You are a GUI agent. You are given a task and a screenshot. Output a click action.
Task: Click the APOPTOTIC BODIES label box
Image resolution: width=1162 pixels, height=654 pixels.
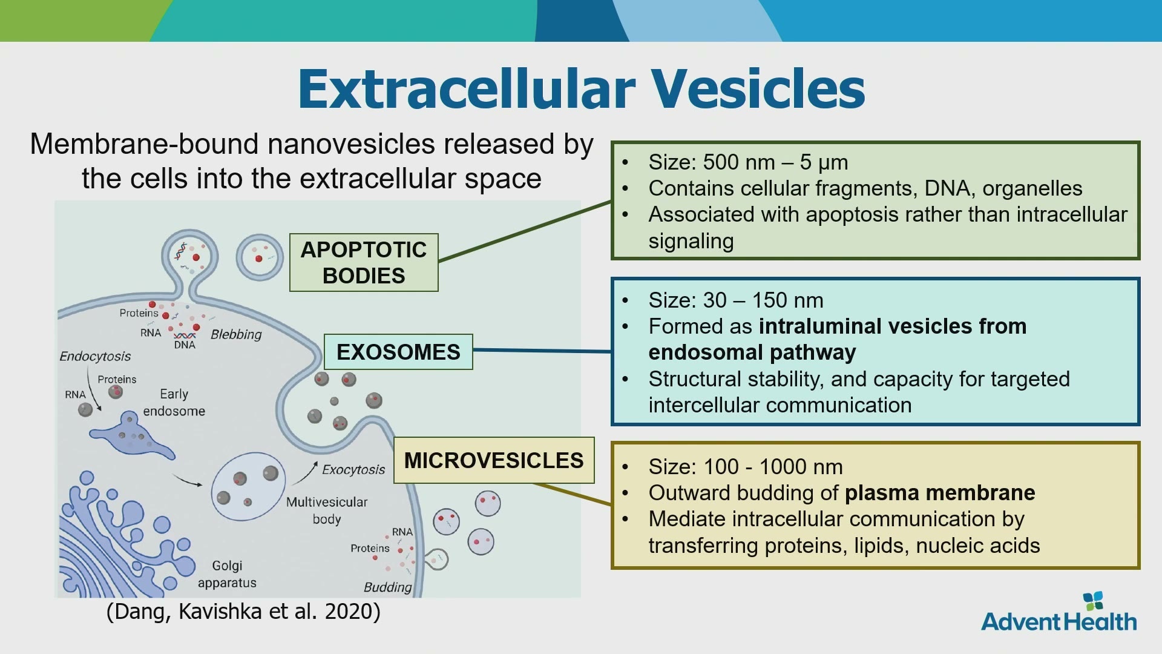[x=364, y=262]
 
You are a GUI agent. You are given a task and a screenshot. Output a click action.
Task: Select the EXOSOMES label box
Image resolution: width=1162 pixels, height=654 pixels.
[x=398, y=352]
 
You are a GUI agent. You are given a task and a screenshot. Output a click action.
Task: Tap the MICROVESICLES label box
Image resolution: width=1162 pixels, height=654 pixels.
[x=494, y=460]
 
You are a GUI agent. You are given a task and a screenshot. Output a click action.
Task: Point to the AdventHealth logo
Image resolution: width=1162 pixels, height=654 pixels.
[x=1059, y=613]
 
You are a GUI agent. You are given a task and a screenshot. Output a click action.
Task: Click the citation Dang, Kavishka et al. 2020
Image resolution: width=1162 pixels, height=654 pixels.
[x=243, y=612]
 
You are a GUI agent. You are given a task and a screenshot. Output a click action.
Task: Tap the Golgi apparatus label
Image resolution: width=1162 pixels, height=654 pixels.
[x=227, y=574]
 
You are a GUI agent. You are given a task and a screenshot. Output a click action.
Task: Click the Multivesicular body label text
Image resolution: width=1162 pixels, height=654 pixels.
[x=327, y=510]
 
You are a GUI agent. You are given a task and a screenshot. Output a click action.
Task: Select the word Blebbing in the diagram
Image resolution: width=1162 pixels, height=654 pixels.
[x=236, y=334]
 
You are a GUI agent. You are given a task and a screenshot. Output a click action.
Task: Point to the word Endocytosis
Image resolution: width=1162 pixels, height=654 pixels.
[x=95, y=356]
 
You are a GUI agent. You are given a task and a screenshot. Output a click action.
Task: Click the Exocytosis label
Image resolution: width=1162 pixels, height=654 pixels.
[x=353, y=469]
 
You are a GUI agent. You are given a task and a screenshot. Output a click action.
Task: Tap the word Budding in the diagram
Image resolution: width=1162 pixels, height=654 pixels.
[x=387, y=587]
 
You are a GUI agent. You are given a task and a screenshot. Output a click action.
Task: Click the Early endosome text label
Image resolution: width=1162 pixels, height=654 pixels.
[x=174, y=402]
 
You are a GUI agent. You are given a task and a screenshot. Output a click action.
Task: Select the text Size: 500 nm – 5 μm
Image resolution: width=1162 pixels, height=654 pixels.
[x=748, y=162]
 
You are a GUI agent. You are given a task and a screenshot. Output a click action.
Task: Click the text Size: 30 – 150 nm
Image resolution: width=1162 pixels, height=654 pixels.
[x=736, y=300]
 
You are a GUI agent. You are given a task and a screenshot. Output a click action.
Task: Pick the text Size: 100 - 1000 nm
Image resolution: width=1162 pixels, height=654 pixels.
[x=746, y=467]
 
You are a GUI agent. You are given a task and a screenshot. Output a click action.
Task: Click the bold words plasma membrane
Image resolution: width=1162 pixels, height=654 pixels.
[x=940, y=493]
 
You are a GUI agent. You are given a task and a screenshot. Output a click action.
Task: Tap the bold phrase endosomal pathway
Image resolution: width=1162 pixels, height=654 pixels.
[x=752, y=352]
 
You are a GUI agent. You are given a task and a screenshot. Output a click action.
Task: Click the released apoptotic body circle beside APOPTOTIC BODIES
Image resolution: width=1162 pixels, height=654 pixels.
[x=260, y=257]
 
